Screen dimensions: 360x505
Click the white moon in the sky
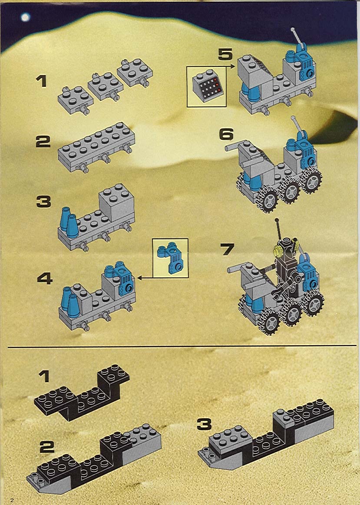tap(25, 17)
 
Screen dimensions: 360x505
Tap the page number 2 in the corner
tap(12, 500)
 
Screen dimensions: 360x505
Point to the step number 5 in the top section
tap(225, 54)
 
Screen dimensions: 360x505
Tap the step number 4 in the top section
tap(45, 278)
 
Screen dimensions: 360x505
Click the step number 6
tap(226, 134)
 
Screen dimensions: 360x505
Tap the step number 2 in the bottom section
tap(47, 447)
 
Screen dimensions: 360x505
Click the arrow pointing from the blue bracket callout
tap(145, 277)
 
